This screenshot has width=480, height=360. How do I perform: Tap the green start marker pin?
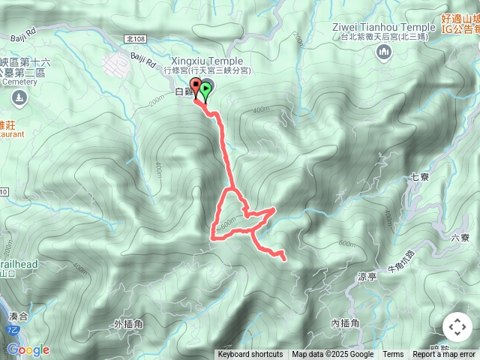tap(205, 88)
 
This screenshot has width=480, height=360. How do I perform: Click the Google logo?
tap(28, 349)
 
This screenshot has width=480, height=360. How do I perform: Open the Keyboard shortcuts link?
tap(250, 355)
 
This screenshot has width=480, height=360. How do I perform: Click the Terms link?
tap(393, 355)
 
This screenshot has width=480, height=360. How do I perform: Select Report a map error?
tap(444, 355)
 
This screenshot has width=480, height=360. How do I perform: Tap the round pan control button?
tap(457, 328)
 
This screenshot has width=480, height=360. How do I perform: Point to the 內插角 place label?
tap(346, 323)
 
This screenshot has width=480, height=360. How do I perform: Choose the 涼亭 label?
tap(367, 276)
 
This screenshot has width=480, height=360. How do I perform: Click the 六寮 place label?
tap(460, 238)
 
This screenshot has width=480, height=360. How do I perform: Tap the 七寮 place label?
tap(419, 178)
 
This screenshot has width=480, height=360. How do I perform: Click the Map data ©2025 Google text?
tap(332, 355)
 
